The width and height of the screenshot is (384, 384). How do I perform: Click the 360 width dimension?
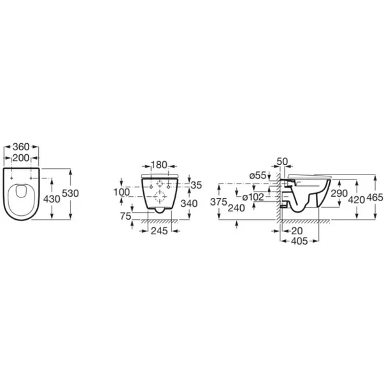pos(21,147)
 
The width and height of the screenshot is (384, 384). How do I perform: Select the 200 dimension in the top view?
pos(21,158)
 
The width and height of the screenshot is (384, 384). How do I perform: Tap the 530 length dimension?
pos(70,193)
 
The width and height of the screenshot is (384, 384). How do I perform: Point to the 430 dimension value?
pos(52,199)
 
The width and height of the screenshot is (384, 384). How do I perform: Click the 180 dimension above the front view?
pos(159,165)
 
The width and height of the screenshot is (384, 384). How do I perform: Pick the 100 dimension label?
pos(122,192)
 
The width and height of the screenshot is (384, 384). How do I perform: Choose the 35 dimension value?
pos(196,185)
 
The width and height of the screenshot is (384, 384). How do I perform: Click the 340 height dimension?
pos(189,203)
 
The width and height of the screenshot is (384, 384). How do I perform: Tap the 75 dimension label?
pos(126,216)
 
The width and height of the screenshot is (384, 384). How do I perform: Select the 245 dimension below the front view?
pos(159,231)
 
